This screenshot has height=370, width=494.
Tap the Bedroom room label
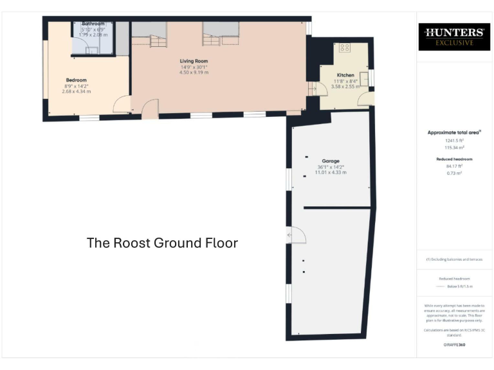pyautogui.click(x=76, y=80)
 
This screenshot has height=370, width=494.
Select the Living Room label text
pyautogui.click(x=194, y=61)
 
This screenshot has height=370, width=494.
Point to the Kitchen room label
pyautogui.click(x=345, y=75)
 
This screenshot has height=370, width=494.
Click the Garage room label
pyautogui.click(x=331, y=161)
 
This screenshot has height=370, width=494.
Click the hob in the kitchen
pyautogui.click(x=343, y=48)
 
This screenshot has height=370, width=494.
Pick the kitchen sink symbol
pyautogui.click(x=363, y=78)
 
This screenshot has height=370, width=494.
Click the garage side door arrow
pyautogui.click(x=291, y=236)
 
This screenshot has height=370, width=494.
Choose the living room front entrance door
pyautogui.click(x=150, y=109)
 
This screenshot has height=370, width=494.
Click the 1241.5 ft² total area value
pyautogui.click(x=454, y=140)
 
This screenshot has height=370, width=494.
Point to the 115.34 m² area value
pyautogui.click(x=454, y=147)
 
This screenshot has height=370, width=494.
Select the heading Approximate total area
pyautogui.click(x=453, y=132)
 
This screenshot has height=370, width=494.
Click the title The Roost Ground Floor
pyautogui.click(x=162, y=243)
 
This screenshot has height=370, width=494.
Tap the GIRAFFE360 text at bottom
pyautogui.click(x=454, y=345)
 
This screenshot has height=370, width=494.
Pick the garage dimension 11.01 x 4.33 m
pyautogui.click(x=331, y=173)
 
